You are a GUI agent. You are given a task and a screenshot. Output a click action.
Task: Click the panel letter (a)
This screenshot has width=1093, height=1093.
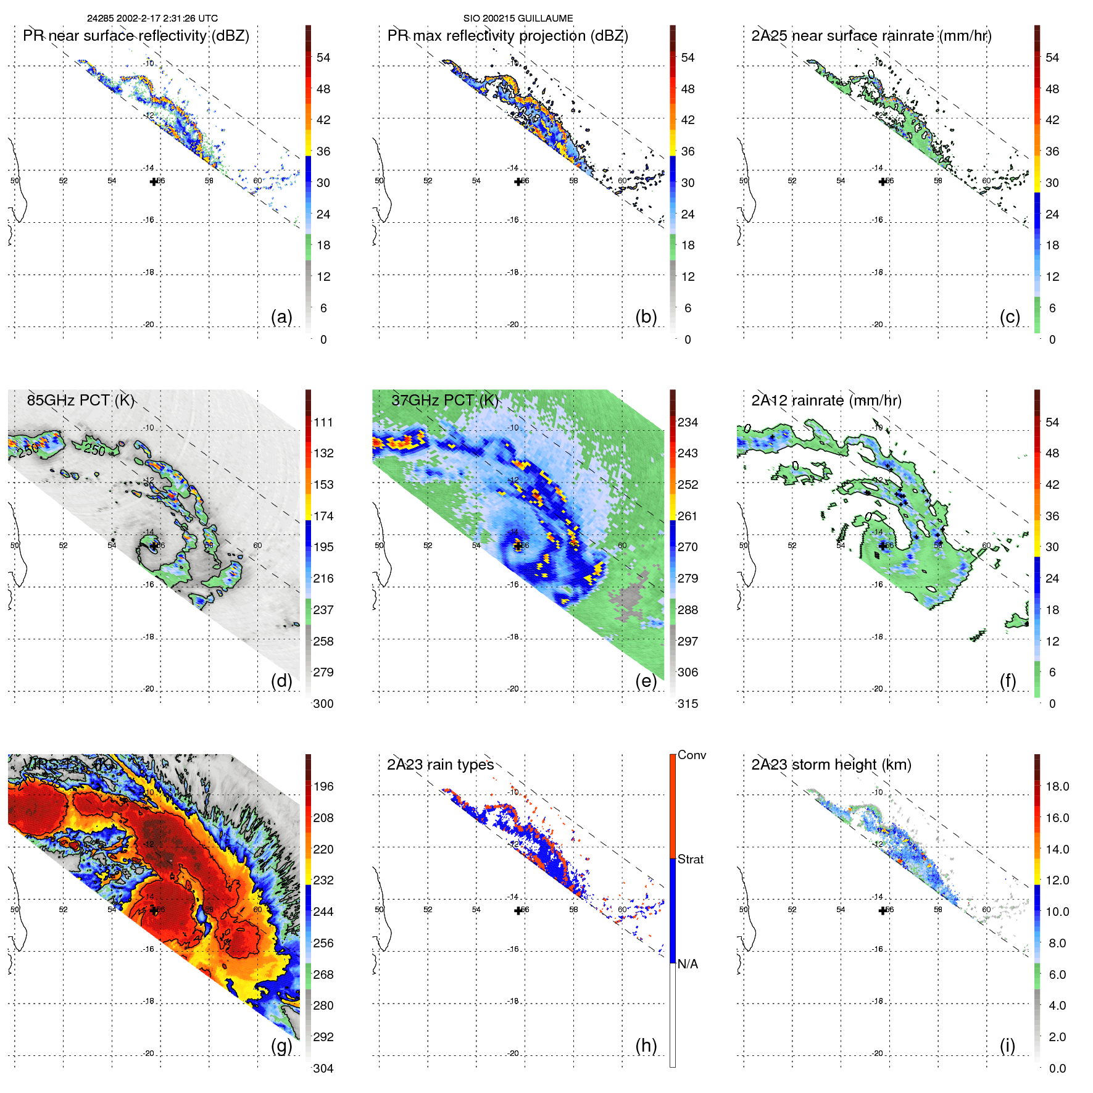(281, 317)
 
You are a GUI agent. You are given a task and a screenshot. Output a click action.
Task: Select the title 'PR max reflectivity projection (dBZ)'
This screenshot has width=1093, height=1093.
(507, 36)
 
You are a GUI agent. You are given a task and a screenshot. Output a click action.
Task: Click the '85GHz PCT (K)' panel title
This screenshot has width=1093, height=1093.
(81, 400)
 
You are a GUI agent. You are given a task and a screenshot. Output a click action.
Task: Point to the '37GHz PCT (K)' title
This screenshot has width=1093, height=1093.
(444, 400)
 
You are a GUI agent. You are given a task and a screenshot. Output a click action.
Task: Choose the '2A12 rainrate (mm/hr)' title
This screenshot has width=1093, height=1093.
(826, 401)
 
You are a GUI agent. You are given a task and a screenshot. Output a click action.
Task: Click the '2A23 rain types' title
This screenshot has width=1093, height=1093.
(440, 765)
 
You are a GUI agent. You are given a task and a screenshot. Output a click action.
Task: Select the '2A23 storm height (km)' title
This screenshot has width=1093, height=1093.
(831, 765)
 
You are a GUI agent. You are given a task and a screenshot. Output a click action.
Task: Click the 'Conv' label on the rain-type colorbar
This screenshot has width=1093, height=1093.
(692, 755)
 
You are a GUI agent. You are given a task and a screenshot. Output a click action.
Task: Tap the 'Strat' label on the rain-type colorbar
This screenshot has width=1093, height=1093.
(691, 859)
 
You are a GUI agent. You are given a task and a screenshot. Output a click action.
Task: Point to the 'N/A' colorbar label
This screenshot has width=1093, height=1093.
(688, 964)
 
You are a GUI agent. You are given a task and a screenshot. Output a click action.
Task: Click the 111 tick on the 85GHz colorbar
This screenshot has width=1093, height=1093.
(323, 422)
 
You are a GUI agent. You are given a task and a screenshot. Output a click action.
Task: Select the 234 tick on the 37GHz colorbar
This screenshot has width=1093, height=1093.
(688, 422)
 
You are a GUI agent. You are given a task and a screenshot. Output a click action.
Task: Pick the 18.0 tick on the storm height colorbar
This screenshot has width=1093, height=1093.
(1057, 786)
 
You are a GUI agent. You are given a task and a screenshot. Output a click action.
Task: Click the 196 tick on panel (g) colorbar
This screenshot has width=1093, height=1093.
(323, 786)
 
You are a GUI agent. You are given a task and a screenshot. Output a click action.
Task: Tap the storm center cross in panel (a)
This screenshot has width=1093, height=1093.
(154, 181)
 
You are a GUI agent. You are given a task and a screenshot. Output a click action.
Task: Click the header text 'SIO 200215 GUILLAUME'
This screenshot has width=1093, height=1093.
(518, 19)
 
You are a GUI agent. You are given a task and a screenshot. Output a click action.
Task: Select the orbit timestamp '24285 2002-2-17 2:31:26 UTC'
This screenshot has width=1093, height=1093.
(152, 19)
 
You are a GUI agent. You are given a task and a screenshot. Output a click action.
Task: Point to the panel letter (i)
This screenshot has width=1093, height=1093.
(1007, 1045)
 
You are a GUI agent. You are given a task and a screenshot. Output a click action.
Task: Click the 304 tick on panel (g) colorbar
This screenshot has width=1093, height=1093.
(323, 1068)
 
